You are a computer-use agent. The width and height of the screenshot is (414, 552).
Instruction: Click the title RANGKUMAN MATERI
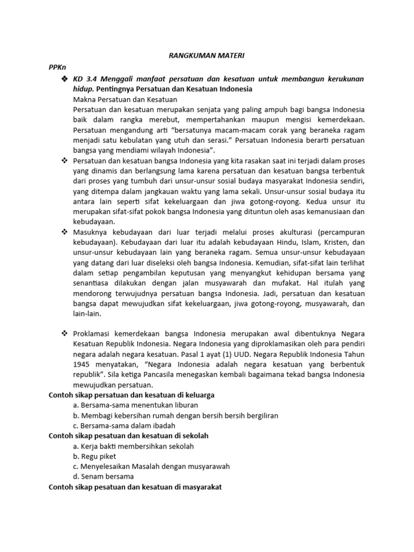pyautogui.click(x=206, y=55)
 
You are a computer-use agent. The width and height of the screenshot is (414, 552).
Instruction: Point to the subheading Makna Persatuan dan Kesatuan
pyautogui.click(x=125, y=99)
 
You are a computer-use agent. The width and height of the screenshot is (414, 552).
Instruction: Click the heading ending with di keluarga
pyautogui.click(x=132, y=395)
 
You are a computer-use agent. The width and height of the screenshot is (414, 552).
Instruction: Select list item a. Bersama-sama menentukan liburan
pyautogui.click(x=135, y=405)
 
